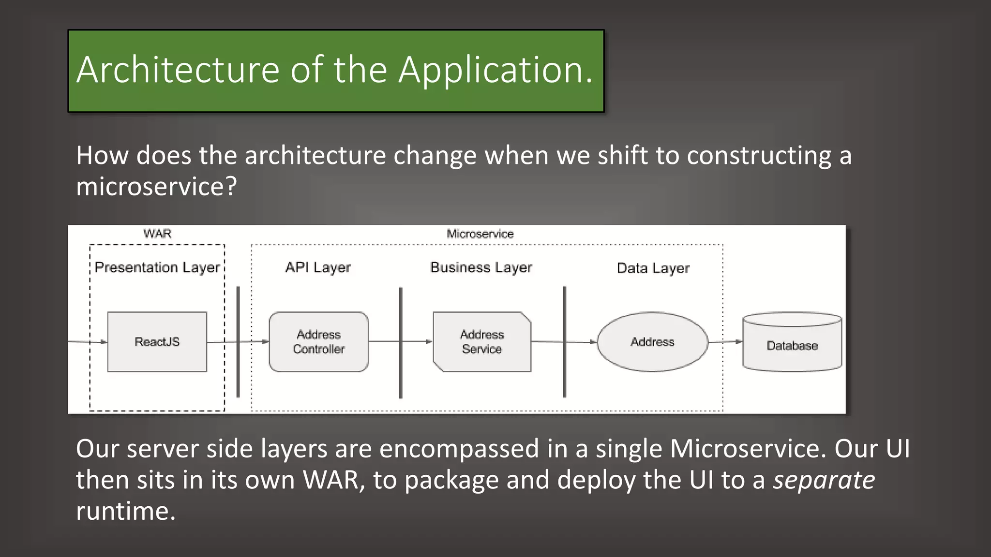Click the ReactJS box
(157, 342)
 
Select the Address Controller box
(318, 342)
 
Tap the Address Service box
(482, 342)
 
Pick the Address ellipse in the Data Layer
(652, 342)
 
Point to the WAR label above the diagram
(157, 234)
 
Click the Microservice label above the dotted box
(480, 234)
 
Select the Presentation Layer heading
(157, 267)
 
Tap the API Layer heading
(318, 267)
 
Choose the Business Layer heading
(481, 267)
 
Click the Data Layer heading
(653, 268)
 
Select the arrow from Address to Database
(725, 341)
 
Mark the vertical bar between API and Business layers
(401, 342)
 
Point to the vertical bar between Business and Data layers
(564, 342)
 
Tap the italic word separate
(824, 480)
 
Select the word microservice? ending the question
(156, 187)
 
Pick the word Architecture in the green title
(178, 70)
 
